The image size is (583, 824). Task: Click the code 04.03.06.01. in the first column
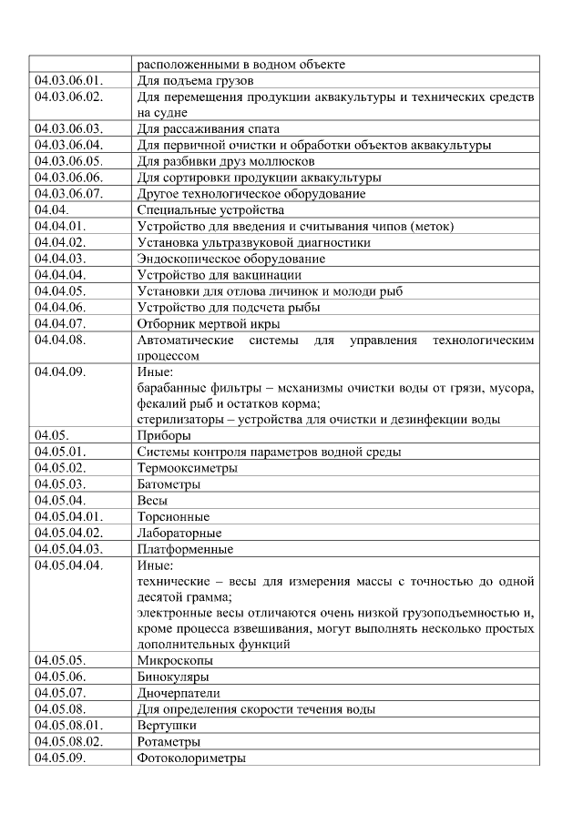pyautogui.click(x=69, y=80)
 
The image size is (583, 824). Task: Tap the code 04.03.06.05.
pyautogui.click(x=69, y=161)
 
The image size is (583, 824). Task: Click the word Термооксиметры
pyautogui.click(x=187, y=468)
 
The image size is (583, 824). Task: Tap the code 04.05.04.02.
pyautogui.click(x=69, y=533)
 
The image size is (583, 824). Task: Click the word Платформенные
pyautogui.click(x=185, y=549)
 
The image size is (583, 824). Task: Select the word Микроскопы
pyautogui.click(x=175, y=661)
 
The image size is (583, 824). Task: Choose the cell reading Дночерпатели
pyautogui.click(x=179, y=694)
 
